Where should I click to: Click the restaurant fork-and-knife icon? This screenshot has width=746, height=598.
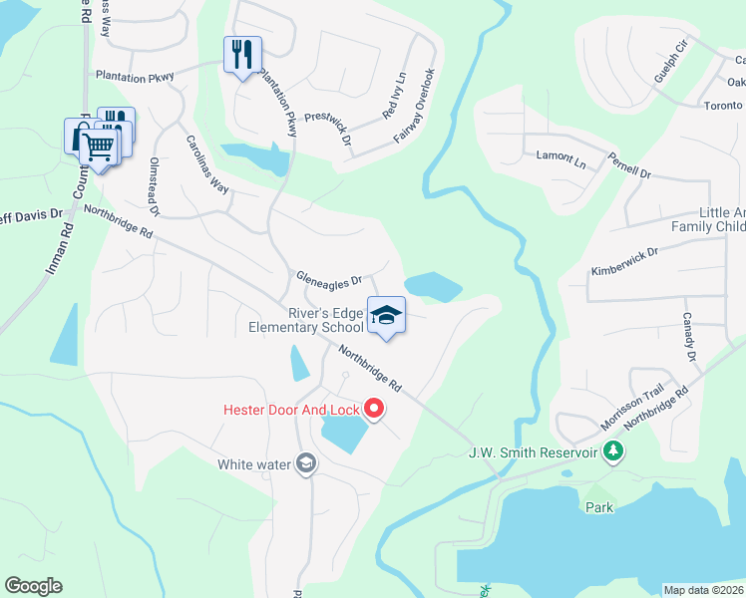coord(241,54)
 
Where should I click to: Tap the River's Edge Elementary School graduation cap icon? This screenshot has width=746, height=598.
coord(386,316)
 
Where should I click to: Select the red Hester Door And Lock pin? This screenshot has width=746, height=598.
coord(374,408)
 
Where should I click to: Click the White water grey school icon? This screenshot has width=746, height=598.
coord(306,463)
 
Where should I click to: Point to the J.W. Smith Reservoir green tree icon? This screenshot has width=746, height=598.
coord(615,452)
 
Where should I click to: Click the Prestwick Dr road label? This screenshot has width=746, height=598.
coord(328,128)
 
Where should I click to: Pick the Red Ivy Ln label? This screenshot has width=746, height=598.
coord(395,96)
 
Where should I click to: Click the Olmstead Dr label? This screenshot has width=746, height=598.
coord(155,185)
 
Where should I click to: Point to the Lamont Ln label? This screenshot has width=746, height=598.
coord(556,156)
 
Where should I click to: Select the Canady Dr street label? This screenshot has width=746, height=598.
coord(688,334)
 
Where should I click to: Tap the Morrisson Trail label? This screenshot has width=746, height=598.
coord(632,407)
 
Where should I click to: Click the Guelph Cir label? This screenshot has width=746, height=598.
coord(669,61)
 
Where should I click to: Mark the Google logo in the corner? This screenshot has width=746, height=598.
coord(34,586)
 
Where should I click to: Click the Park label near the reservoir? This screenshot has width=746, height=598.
coord(599,506)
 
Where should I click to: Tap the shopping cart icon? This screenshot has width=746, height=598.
coord(98,149)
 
